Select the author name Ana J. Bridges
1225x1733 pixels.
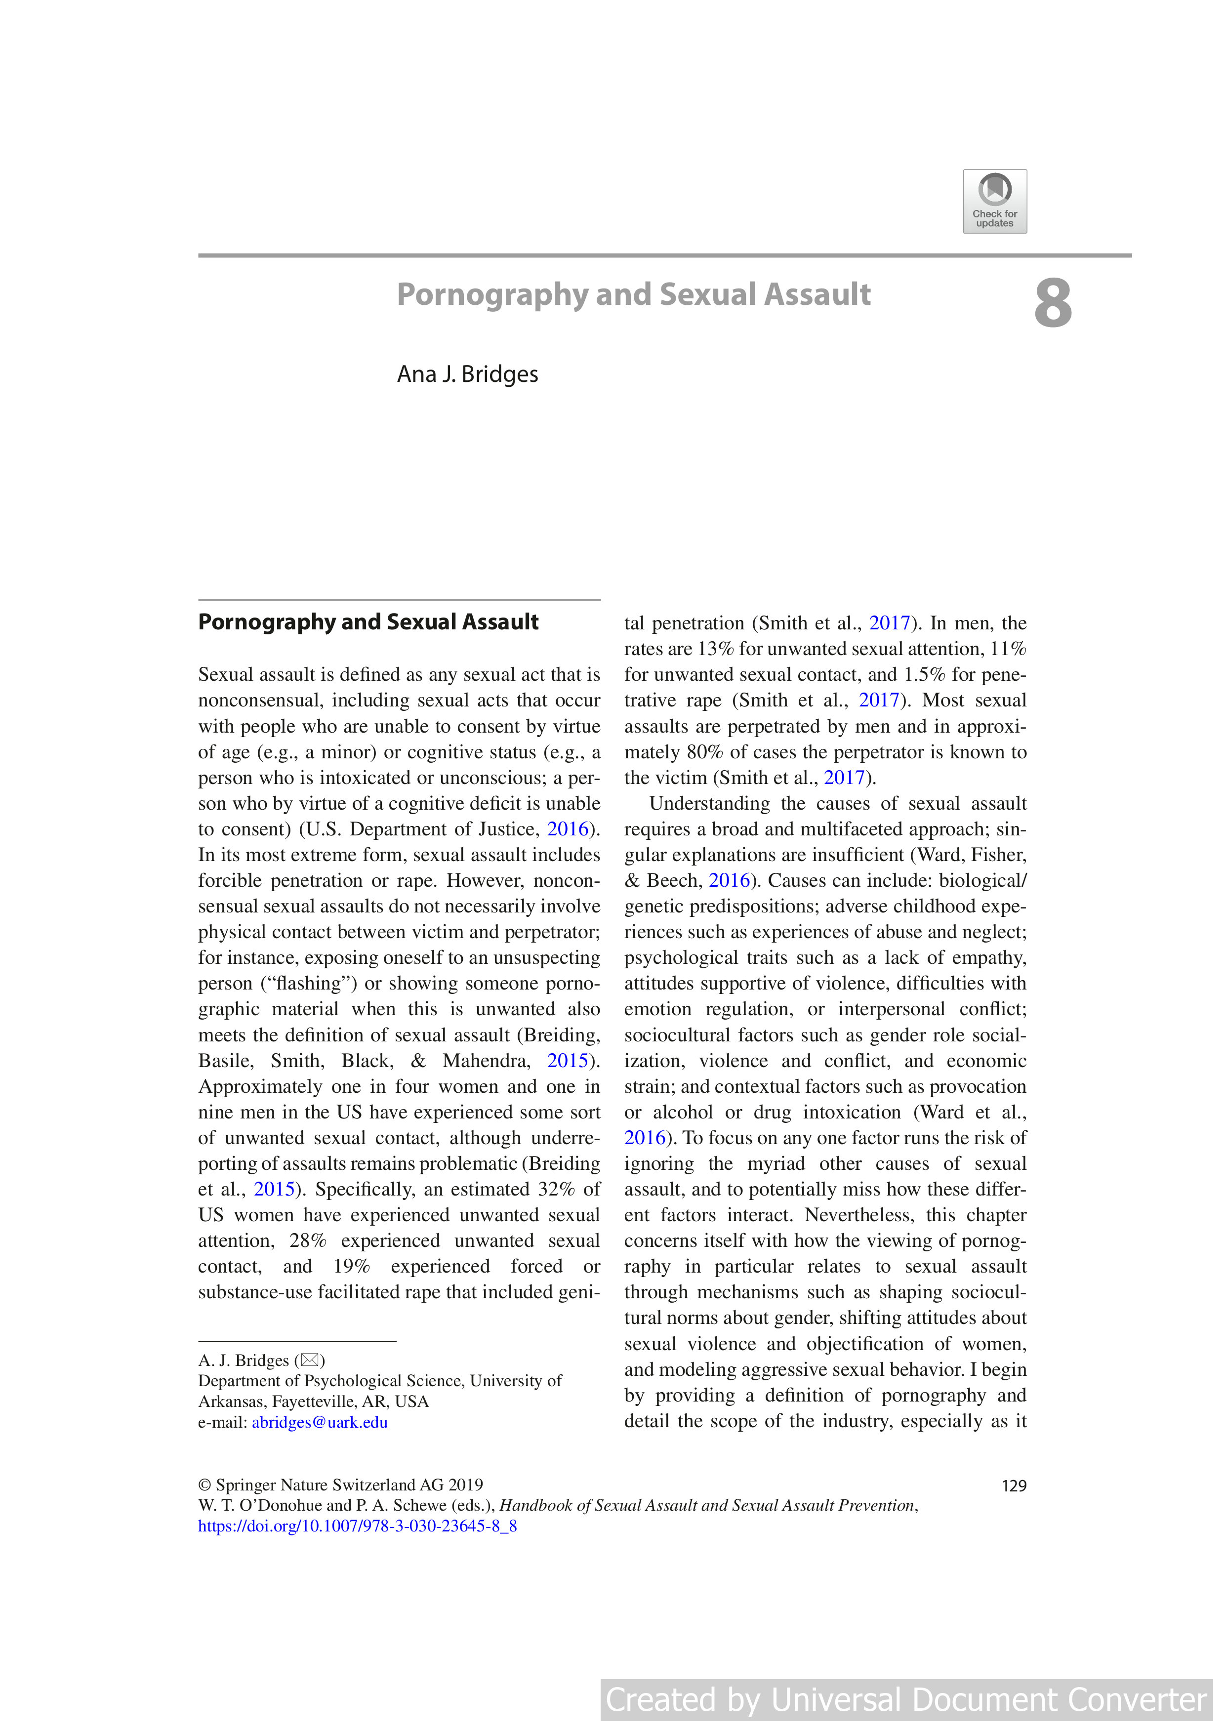click(467, 374)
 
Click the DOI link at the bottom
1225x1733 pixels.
click(357, 1526)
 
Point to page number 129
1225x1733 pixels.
click(1014, 1485)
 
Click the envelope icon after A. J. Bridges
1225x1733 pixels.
click(309, 1360)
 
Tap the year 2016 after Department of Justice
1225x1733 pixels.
click(567, 829)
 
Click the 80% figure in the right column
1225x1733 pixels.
click(703, 752)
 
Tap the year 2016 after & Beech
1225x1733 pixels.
click(729, 880)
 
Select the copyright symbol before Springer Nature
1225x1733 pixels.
click(204, 1485)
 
